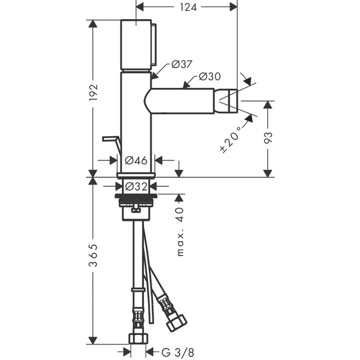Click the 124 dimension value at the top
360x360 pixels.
[x=188, y=7]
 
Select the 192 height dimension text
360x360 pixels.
[x=94, y=93]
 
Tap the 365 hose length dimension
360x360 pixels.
[x=94, y=256]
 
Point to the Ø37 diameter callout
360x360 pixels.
[x=181, y=64]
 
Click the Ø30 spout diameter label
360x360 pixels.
[x=210, y=76]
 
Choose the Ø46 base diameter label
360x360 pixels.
[x=136, y=161]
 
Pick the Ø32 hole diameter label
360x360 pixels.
[x=136, y=187]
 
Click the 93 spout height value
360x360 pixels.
[x=268, y=138]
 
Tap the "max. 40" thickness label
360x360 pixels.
[x=180, y=232]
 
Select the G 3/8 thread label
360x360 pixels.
[x=178, y=352]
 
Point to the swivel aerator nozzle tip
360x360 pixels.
[x=226, y=101]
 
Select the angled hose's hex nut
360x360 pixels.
[x=176, y=323]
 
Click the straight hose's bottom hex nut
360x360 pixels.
[x=138, y=339]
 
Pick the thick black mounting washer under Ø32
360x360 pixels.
[x=136, y=196]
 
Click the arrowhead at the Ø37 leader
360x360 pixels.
[x=155, y=76]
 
